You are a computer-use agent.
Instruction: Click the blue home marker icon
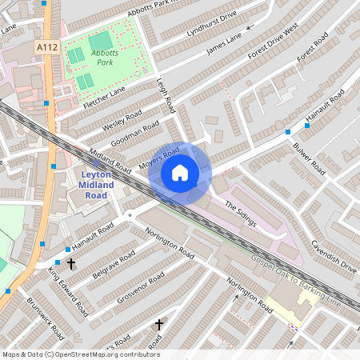180,173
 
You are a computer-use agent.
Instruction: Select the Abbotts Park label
105,58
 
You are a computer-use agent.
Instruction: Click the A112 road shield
46,49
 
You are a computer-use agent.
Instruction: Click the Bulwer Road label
309,161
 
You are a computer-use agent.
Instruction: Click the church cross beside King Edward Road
70,263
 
